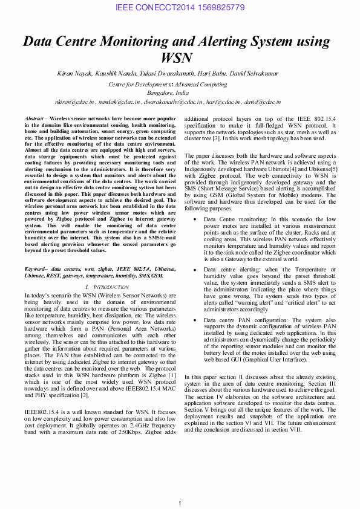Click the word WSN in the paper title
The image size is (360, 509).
[179, 58]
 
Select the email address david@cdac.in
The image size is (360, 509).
[263, 103]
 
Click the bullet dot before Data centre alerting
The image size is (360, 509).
[194, 270]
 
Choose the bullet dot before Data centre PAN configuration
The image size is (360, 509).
[194, 320]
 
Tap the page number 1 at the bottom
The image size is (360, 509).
[180, 504]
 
